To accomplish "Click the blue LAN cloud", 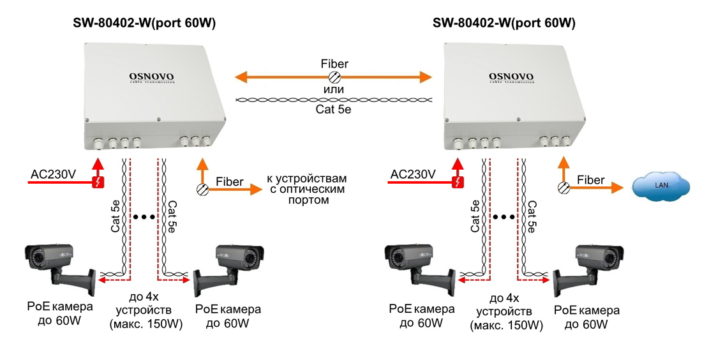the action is coord(661,185).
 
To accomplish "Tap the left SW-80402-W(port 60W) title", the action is coord(144,24).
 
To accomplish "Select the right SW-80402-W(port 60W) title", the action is coord(504,24).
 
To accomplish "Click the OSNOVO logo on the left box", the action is coord(151,78).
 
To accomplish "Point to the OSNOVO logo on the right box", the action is coord(511,78).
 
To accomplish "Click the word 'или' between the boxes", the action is coord(334,90).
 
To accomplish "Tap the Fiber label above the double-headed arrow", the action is coord(334,64).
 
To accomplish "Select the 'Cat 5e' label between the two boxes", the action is coord(334,110).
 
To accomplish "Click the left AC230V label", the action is coord(53,174).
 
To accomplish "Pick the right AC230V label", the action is coord(413,174).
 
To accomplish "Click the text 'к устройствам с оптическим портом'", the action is coord(307,189).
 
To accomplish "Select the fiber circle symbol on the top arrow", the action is coord(334,77).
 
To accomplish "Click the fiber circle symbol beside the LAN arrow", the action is coord(564,188).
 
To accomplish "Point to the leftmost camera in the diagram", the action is coord(60,269).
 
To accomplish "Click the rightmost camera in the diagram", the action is coord(588,269).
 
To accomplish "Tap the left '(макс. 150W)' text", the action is coord(146,325).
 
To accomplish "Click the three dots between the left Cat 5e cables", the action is coord(144,217).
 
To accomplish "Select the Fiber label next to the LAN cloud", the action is coord(591,180).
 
